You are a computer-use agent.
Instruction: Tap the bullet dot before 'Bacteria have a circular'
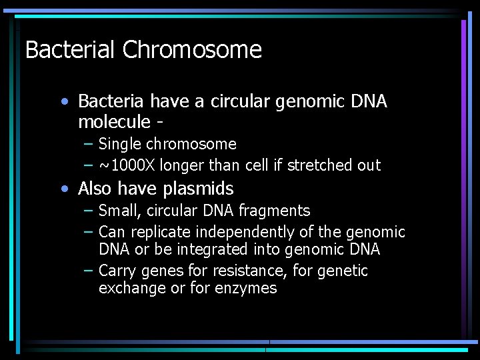pos(63,102)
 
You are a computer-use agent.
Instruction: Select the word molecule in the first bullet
pos(114,122)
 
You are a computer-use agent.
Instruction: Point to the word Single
pos(120,144)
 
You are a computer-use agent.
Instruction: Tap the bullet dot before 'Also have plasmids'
pos(63,189)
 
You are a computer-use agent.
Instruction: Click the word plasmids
pos(200,189)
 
